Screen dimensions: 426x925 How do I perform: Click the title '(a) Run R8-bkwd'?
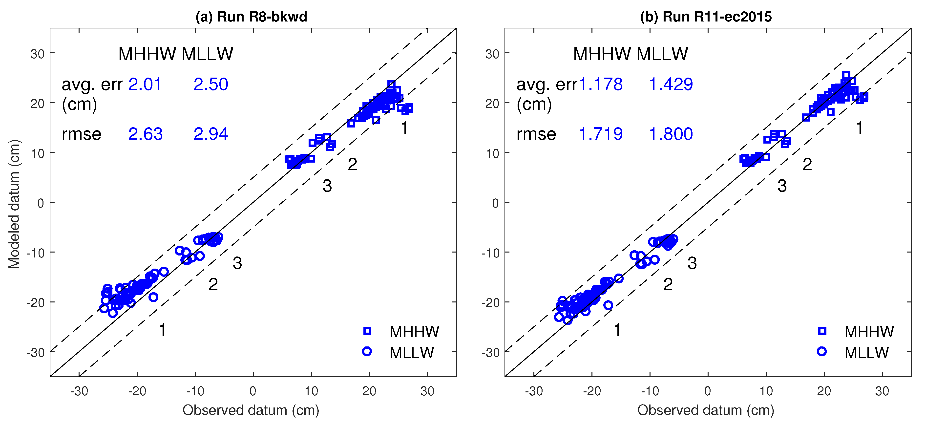pyautogui.click(x=251, y=17)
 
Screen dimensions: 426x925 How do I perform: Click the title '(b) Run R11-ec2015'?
pyautogui.click(x=706, y=17)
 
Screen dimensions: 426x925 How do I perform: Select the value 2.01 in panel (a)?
pyautogui.click(x=145, y=85)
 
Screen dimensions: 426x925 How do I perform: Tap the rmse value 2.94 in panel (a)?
pyautogui.click(x=210, y=134)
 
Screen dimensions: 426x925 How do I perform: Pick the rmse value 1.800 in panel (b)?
pyautogui.click(x=671, y=134)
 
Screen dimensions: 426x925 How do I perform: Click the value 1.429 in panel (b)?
pyautogui.click(x=671, y=85)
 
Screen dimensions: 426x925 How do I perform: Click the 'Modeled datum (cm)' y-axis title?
pyautogui.click(x=14, y=204)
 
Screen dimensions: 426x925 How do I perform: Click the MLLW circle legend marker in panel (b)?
pyautogui.click(x=821, y=351)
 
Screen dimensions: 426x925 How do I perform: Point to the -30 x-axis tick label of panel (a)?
pyautogui.click(x=79, y=391)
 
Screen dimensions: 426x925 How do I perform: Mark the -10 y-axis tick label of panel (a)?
pyautogui.click(x=36, y=253)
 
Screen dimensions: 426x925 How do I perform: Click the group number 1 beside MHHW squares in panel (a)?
pyautogui.click(x=404, y=128)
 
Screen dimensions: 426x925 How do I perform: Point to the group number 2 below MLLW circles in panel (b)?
pyautogui.click(x=668, y=284)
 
